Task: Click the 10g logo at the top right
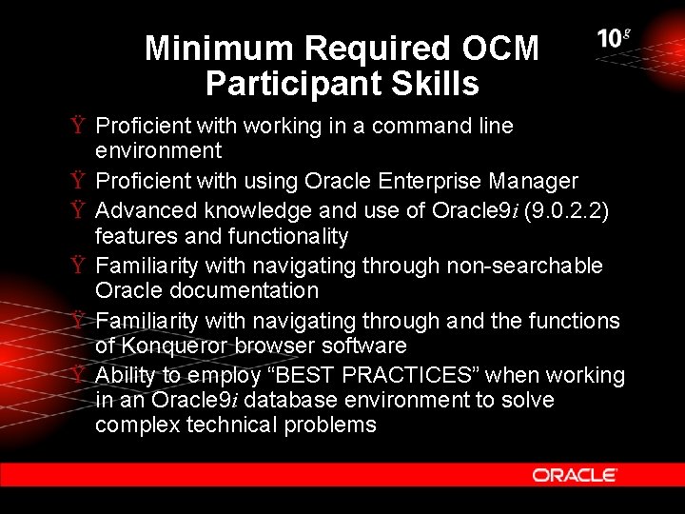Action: [614, 39]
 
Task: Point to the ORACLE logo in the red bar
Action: [575, 475]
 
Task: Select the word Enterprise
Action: [431, 181]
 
